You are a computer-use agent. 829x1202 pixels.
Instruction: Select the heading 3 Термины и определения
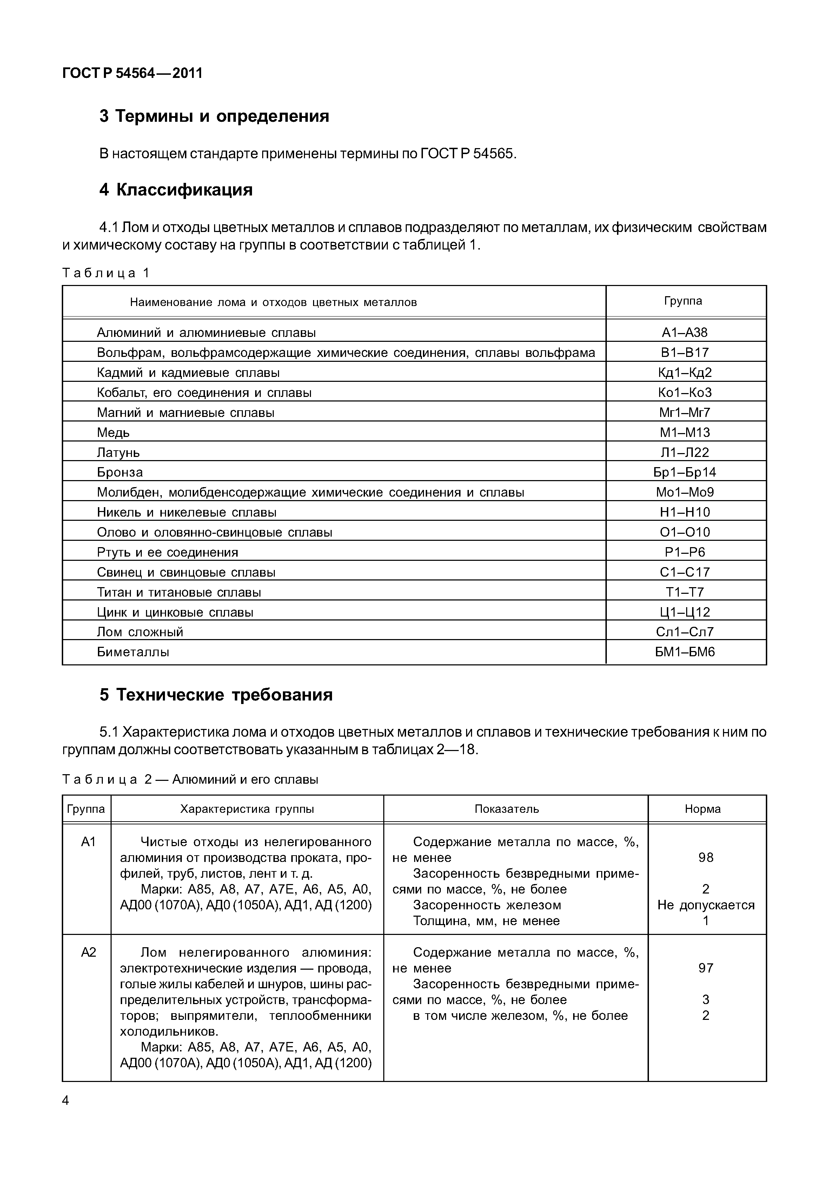[x=214, y=116]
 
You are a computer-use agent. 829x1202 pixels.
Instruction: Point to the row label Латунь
[x=118, y=452]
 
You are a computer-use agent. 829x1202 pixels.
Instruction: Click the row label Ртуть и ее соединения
[x=167, y=552]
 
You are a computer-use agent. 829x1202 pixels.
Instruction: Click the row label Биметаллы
[x=133, y=652]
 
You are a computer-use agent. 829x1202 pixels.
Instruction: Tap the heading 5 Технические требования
[x=216, y=695]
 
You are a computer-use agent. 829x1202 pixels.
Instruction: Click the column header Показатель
[x=506, y=809]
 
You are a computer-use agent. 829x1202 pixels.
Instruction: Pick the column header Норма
[x=702, y=809]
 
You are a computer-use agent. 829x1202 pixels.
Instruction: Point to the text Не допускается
[x=705, y=905]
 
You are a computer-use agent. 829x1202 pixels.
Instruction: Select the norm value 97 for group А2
[x=705, y=968]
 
